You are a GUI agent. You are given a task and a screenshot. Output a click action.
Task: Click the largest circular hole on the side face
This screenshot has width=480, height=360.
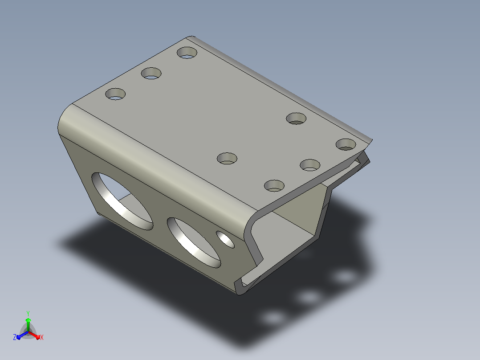point(122,200)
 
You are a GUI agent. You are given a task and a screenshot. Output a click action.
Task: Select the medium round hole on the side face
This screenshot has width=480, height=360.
point(193,242)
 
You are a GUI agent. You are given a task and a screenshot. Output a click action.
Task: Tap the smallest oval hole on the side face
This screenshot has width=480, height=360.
point(225,239)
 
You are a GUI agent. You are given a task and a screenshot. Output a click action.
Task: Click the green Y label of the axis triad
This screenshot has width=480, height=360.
point(28,313)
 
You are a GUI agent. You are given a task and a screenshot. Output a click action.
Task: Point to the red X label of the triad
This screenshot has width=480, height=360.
point(42,337)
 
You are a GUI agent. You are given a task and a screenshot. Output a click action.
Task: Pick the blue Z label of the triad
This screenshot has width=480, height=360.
point(15,337)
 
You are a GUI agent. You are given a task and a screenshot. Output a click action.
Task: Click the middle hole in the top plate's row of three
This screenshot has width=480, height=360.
point(151,73)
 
